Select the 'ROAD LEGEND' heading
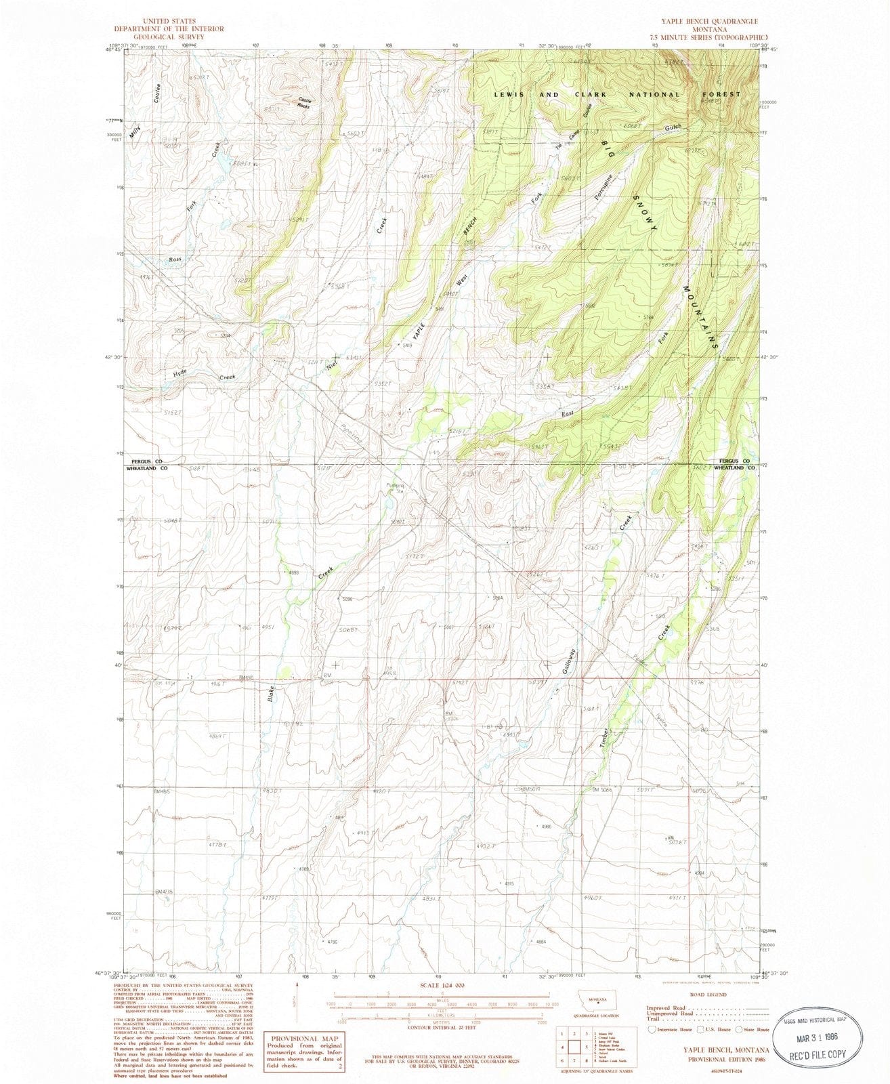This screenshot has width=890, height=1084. [707, 995]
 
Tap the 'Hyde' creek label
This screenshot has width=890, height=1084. [179, 373]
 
